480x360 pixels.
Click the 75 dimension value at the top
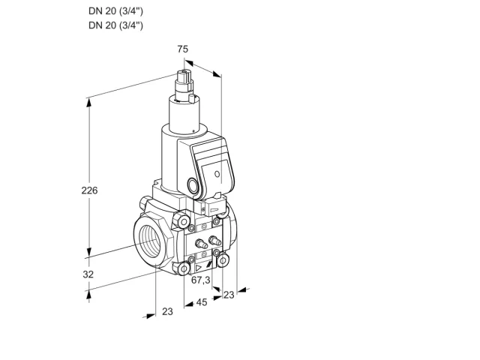(x=183, y=49)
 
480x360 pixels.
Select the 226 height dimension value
(x=89, y=190)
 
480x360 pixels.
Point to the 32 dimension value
(x=88, y=274)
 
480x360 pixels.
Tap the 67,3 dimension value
(x=200, y=280)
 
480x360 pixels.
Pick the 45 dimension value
(x=202, y=302)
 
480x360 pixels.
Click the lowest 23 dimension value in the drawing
(x=167, y=311)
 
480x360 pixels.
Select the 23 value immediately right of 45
(x=229, y=295)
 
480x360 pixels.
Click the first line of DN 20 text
(x=115, y=11)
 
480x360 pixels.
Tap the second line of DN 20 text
(x=115, y=25)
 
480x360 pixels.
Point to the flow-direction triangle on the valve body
(x=199, y=268)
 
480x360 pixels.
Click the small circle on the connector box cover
(x=217, y=174)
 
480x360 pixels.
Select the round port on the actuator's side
(x=193, y=185)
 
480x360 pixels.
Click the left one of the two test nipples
(x=201, y=243)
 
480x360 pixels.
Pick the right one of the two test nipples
(x=214, y=241)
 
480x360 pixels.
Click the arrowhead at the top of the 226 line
(x=88, y=103)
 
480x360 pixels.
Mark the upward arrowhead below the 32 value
(x=88, y=295)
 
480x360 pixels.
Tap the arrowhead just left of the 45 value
(x=189, y=304)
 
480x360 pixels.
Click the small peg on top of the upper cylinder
(x=192, y=98)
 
